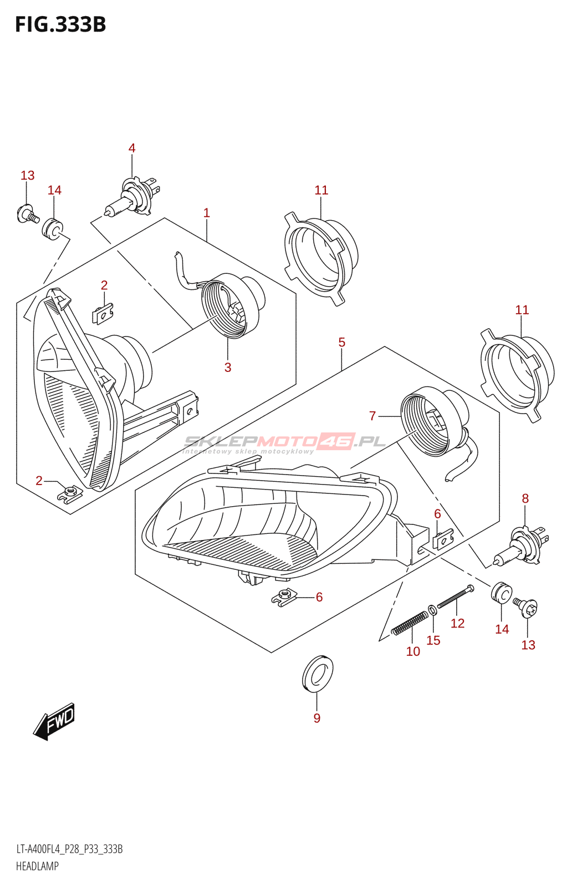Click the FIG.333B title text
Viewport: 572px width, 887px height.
[60, 25]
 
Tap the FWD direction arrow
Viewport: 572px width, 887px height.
[54, 721]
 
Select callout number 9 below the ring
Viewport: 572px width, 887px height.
[317, 718]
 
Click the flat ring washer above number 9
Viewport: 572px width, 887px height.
[318, 674]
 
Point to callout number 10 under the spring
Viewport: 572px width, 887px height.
[413, 651]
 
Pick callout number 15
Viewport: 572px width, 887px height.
[433, 640]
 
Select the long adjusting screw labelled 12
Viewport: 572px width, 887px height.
[455, 597]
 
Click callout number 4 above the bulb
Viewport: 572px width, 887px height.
[132, 148]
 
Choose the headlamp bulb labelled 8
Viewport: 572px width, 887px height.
[522, 547]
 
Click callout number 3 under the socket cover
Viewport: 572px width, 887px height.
[228, 367]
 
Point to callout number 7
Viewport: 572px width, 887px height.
[372, 415]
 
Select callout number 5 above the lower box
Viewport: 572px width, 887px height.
[342, 342]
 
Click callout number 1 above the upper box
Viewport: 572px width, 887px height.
[207, 213]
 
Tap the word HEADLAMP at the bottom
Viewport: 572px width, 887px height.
[37, 866]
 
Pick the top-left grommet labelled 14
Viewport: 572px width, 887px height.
[53, 228]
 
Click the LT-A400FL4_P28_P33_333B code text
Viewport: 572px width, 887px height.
[69, 849]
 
